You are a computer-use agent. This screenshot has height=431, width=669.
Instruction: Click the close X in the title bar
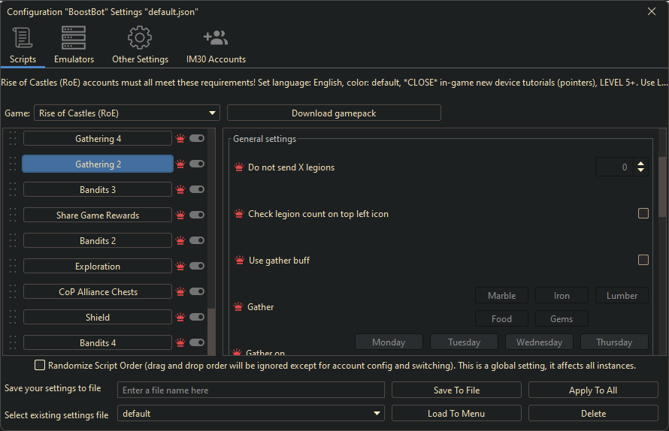pos(652,11)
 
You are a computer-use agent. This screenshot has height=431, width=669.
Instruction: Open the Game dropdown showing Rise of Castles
pos(126,113)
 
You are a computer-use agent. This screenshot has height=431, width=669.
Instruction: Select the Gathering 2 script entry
pos(98,164)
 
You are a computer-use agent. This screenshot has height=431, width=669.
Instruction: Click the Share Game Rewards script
pos(98,215)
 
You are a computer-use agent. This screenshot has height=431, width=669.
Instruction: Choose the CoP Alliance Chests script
pos(98,292)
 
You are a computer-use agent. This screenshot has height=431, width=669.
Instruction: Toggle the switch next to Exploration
pos(197,267)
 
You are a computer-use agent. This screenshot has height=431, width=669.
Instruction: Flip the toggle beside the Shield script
pos(197,318)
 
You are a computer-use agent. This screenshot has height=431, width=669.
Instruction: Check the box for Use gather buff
pos(643,260)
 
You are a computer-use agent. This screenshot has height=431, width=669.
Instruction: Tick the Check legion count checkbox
pos(643,213)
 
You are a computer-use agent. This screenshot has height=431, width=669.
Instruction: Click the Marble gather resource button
pos(501,296)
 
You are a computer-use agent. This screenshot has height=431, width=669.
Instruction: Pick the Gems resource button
pos(562,319)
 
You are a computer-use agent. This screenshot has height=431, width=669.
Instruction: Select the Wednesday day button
pos(539,342)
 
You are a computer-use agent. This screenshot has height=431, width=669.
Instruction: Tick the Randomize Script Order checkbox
pos(40,366)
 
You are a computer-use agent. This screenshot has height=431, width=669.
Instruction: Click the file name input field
pos(251,390)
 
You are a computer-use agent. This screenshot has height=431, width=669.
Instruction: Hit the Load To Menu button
pos(456,414)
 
